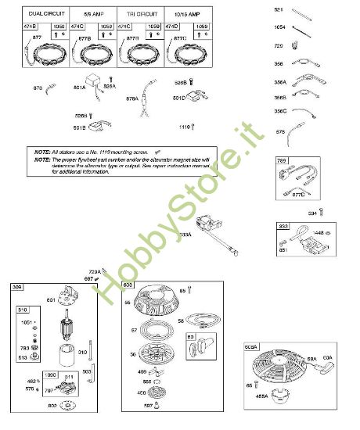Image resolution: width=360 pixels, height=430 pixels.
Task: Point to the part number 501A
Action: pyautogui.click(x=80, y=88)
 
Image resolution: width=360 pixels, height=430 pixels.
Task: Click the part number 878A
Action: pyautogui.click(x=131, y=99)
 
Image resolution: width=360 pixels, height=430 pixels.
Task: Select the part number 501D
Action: pyautogui.click(x=178, y=98)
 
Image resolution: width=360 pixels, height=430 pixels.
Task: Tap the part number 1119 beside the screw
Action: pyautogui.click(x=184, y=126)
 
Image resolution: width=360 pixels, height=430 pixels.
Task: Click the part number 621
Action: pyautogui.click(x=278, y=9)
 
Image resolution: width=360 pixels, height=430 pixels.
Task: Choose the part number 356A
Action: pyautogui.click(x=279, y=81)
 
